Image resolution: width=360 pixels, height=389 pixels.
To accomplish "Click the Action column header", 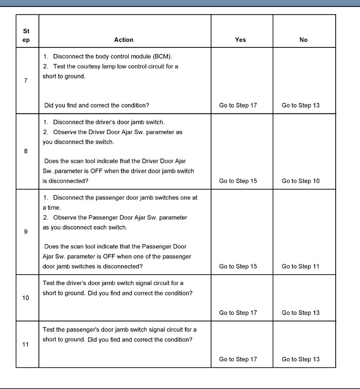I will click(x=124, y=40).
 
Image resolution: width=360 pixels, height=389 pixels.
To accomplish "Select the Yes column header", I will click(x=240, y=40).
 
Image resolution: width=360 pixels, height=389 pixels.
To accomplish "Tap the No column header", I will click(x=303, y=40).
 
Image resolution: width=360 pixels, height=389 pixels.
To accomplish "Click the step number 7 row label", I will click(x=26, y=81).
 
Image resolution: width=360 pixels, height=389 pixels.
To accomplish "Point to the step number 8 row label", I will click(x=26, y=151).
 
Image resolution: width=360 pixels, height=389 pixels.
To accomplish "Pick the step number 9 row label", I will click(x=26, y=232).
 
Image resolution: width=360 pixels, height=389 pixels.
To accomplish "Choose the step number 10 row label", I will click(x=26, y=298).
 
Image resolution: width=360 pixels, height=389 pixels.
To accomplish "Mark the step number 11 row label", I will click(x=26, y=345).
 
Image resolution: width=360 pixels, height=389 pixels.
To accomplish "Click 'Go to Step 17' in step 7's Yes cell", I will click(x=238, y=105).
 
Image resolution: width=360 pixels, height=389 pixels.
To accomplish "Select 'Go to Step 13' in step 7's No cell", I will click(x=300, y=105).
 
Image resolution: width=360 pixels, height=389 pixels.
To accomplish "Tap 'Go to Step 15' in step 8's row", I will click(x=238, y=181).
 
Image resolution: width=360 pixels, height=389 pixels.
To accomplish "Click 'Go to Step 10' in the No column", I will click(x=300, y=181).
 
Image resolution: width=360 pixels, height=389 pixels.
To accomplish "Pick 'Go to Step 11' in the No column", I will click(x=300, y=266).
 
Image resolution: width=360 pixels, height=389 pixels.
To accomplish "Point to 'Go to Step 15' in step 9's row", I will click(x=238, y=266).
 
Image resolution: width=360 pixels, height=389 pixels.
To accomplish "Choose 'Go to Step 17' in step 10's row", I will click(x=238, y=313).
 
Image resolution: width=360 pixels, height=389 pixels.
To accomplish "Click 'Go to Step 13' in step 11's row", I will click(x=300, y=359).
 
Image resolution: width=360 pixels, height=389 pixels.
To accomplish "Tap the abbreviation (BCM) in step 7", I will click(x=161, y=57).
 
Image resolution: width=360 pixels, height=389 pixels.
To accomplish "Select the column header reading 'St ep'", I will click(x=26, y=36).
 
